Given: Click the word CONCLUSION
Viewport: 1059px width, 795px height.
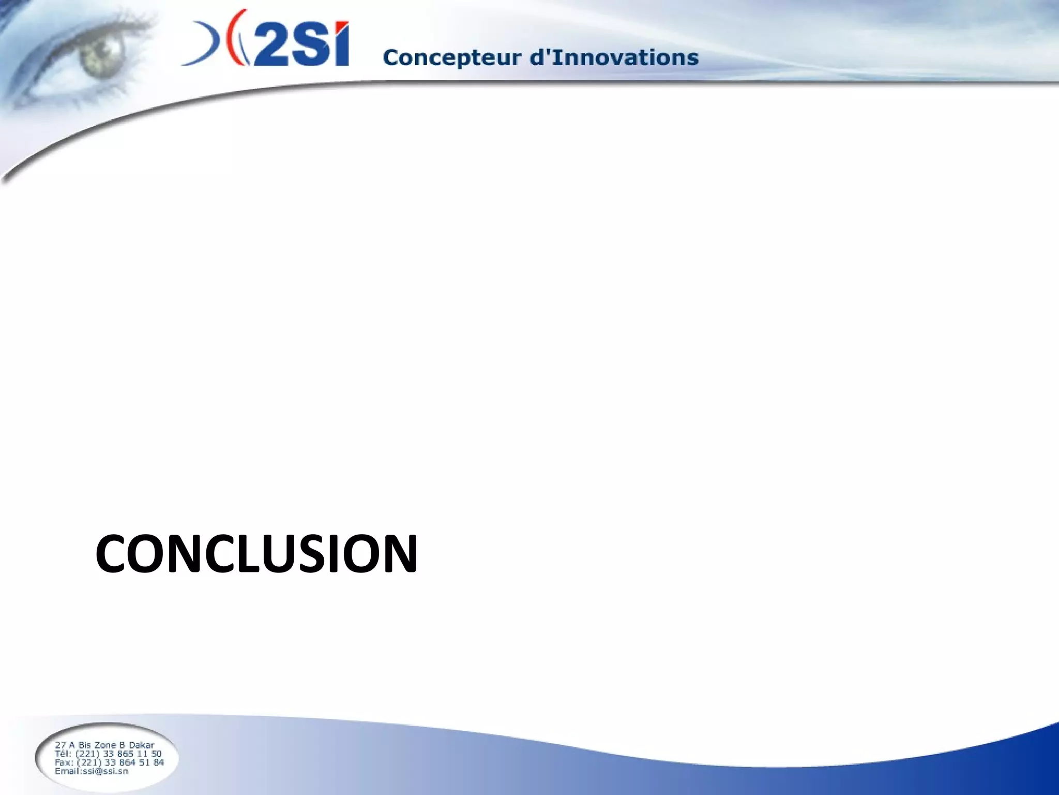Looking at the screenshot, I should pyautogui.click(x=256, y=554).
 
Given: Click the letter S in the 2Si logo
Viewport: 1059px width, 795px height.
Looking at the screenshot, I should pyautogui.click(x=309, y=46).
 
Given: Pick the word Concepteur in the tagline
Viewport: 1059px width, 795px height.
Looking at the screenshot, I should pyautogui.click(x=452, y=58).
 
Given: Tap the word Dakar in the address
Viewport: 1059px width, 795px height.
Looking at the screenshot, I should pyautogui.click(x=141, y=745).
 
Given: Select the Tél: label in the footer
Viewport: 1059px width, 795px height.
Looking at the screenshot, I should pyautogui.click(x=64, y=754).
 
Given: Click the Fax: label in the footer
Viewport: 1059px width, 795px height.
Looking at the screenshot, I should pyautogui.click(x=64, y=762).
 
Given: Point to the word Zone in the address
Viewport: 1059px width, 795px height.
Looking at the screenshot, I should pyautogui.click(x=105, y=745).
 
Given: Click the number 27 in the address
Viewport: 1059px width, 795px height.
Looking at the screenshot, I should pyautogui.click(x=60, y=745).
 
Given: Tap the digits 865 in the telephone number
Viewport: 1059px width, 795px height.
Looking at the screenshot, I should pyautogui.click(x=126, y=754).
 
